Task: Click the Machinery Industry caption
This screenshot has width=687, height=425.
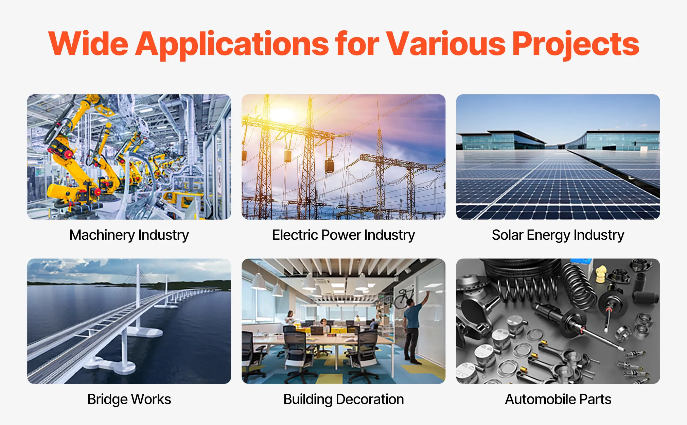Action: point(129,235)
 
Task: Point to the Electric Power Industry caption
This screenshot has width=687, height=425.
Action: point(343,235)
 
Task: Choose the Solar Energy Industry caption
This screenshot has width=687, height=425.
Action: point(558,235)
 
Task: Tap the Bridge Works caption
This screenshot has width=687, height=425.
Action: point(129,399)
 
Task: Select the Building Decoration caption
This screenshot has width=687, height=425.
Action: point(343,400)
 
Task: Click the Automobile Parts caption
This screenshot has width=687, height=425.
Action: point(558,399)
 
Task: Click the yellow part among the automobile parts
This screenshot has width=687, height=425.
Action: point(601,274)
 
